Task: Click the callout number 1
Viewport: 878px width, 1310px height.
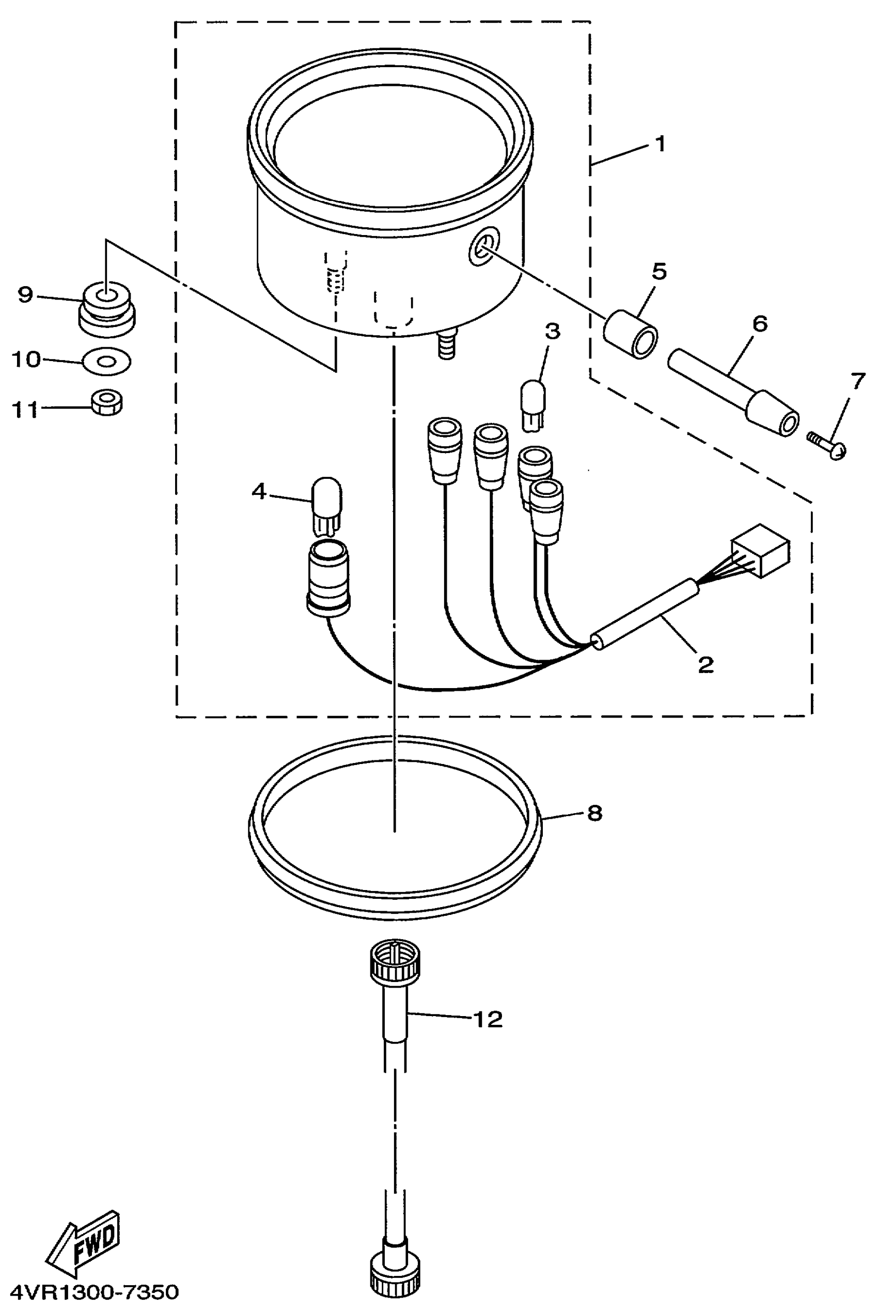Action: point(661,144)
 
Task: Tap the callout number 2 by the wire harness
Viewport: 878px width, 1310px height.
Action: point(705,664)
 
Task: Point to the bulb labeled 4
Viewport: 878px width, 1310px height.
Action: point(326,506)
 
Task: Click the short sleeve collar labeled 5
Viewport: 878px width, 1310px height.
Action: point(631,335)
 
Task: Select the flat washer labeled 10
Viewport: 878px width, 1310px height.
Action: point(106,361)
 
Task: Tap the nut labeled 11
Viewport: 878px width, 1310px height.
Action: point(107,403)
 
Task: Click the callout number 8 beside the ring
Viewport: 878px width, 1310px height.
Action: point(594,813)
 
